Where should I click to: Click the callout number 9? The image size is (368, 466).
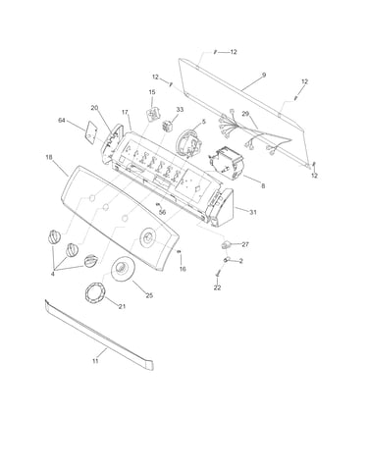(x=264, y=75)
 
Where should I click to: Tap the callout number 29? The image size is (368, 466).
(x=245, y=114)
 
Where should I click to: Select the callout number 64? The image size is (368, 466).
(x=62, y=121)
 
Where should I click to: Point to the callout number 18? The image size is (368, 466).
(x=49, y=157)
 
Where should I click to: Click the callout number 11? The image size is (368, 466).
(x=95, y=361)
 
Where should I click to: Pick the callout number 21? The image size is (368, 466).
(x=122, y=306)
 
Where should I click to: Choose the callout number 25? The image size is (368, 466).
(x=149, y=295)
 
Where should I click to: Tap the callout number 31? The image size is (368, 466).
(x=253, y=212)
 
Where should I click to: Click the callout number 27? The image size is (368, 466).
(x=245, y=244)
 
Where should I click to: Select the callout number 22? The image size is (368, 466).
(x=217, y=287)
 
